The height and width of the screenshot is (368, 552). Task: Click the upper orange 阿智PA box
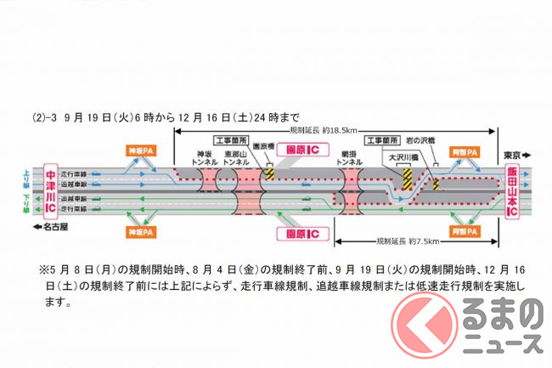point(464,150)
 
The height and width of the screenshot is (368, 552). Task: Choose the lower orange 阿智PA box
point(464,230)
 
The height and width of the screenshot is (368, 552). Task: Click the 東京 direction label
point(514,154)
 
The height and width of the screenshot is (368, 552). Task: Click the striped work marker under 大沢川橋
point(406,179)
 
